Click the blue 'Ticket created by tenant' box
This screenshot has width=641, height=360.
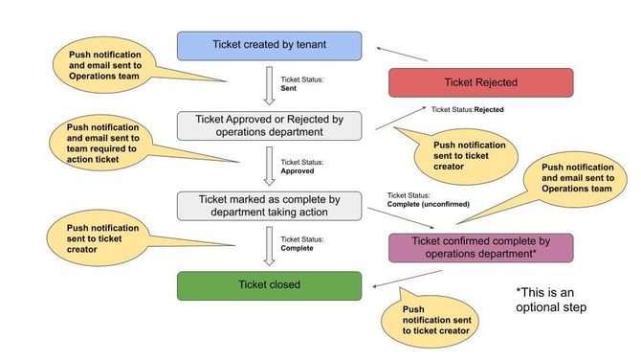tap(269, 45)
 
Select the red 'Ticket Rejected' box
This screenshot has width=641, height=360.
tap(480, 82)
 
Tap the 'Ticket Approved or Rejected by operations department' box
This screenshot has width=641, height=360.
tap(269, 125)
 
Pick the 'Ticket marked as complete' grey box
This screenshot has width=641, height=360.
tap(269, 205)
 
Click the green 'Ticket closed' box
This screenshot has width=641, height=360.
tap(269, 284)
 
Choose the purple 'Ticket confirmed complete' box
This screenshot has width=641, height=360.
tap(480, 247)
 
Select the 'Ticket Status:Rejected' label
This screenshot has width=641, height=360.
tap(467, 109)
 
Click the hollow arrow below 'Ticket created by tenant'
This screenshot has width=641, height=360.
tap(269, 84)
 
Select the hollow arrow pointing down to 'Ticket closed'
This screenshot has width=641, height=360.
tap(269, 244)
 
